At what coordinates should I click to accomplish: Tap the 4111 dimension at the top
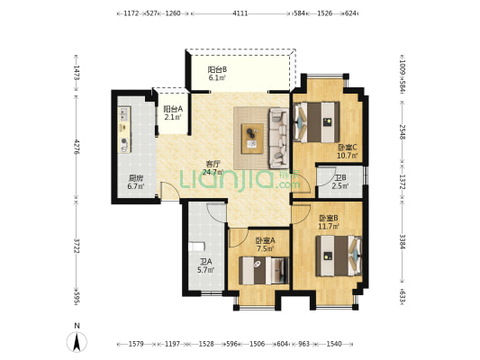[x=240, y=13]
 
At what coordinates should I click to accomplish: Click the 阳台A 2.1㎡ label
[x=173, y=112]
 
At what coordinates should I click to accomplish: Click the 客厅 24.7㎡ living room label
[x=213, y=168]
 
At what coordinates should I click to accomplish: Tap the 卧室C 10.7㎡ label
[x=348, y=151]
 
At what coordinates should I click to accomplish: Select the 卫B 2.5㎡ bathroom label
[x=340, y=182]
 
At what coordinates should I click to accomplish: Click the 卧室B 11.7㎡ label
[x=329, y=222]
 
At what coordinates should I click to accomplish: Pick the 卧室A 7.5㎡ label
[x=265, y=245]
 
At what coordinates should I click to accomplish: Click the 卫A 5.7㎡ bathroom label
[x=205, y=266]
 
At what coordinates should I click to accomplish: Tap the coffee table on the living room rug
[x=252, y=139]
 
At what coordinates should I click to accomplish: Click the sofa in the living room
[x=278, y=139]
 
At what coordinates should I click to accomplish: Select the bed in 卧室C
[x=316, y=122]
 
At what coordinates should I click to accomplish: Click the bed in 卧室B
[x=340, y=256]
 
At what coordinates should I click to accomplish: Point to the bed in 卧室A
[x=264, y=271]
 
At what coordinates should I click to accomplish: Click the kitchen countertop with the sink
[x=124, y=130]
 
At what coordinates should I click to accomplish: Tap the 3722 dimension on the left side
[x=77, y=247]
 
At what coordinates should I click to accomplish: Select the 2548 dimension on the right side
[x=403, y=132]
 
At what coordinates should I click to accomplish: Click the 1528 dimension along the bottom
[x=206, y=344]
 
